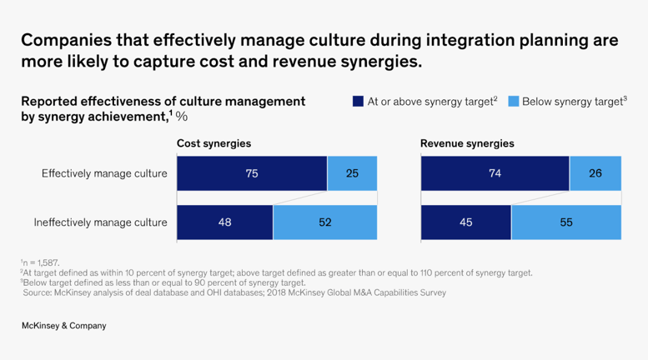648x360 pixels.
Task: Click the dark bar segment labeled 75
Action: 252,173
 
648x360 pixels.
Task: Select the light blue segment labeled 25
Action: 352,173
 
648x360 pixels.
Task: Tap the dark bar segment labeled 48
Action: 225,222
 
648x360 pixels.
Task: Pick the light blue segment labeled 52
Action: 325,222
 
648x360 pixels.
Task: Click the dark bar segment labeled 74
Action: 495,173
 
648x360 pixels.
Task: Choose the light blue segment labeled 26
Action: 595,173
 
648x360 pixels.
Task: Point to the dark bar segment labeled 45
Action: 466,222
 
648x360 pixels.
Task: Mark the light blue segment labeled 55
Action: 566,222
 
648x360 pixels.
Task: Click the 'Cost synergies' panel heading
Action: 213,143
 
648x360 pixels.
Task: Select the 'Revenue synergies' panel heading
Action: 467,143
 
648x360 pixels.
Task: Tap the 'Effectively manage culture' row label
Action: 104,173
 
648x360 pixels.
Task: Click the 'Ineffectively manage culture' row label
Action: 100,222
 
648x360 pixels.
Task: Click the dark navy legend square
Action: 358,102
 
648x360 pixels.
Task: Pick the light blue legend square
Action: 513,102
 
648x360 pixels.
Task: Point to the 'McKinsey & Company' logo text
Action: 63,326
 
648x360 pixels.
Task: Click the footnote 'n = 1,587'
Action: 41,262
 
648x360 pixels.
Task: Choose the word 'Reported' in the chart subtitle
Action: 49,102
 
